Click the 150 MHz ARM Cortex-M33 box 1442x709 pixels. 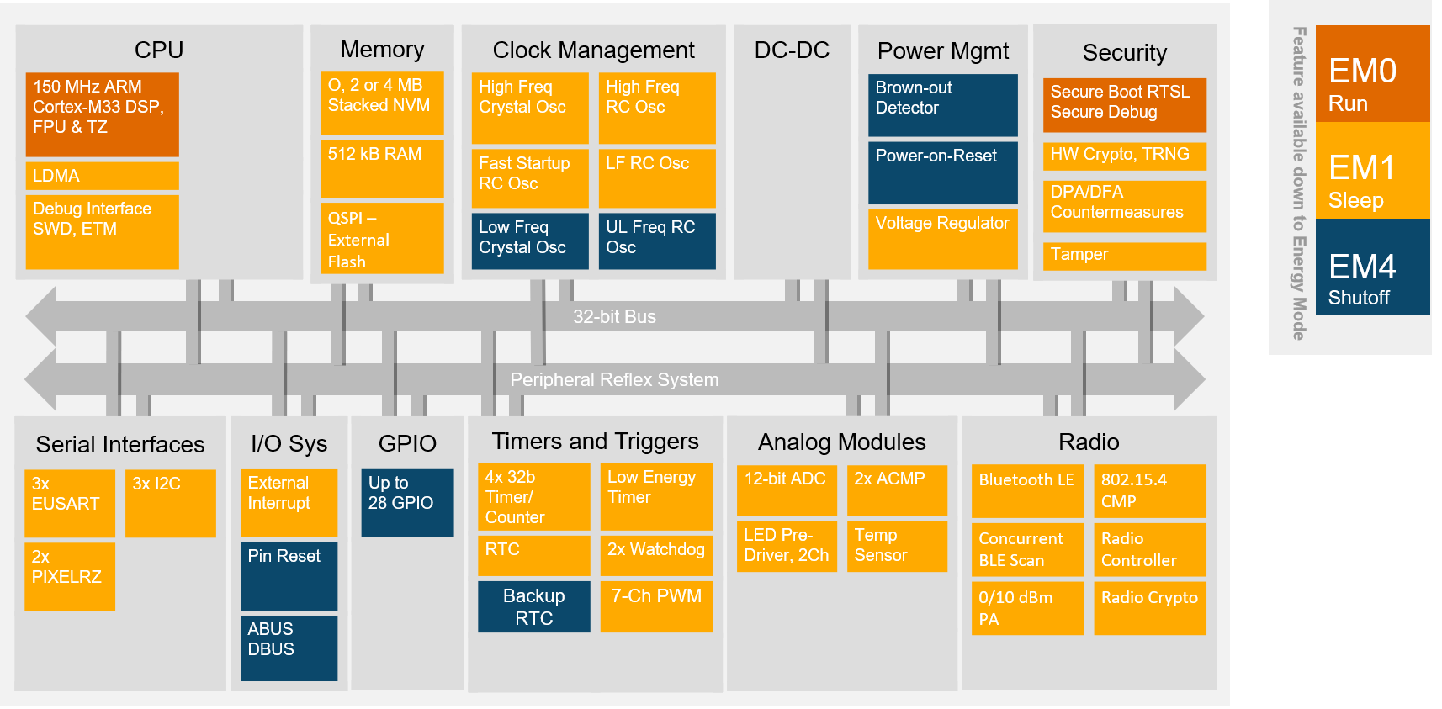pos(102,114)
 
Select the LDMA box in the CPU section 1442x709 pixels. pos(102,176)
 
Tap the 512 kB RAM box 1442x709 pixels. pos(381,168)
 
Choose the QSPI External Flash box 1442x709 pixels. pos(381,239)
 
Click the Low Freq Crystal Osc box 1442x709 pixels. pos(529,241)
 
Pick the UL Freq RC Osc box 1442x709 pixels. pos(656,241)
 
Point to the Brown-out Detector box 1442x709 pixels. pos(942,105)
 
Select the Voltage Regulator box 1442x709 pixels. pos(942,239)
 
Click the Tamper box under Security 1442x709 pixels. pos(1124,256)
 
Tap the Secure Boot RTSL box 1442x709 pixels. pos(1124,104)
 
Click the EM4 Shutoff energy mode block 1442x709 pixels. pos(1372,267)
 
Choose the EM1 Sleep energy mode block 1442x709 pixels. pos(1372,171)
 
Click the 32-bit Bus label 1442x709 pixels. pos(614,317)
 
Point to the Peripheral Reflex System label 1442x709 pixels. pos(614,380)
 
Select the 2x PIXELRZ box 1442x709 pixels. pos(69,576)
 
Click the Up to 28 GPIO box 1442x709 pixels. pos(407,502)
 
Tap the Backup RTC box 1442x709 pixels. pos(533,606)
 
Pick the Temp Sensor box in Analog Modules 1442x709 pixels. pos(896,546)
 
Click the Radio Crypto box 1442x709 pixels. pos(1149,607)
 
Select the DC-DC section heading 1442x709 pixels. pos(792,50)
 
